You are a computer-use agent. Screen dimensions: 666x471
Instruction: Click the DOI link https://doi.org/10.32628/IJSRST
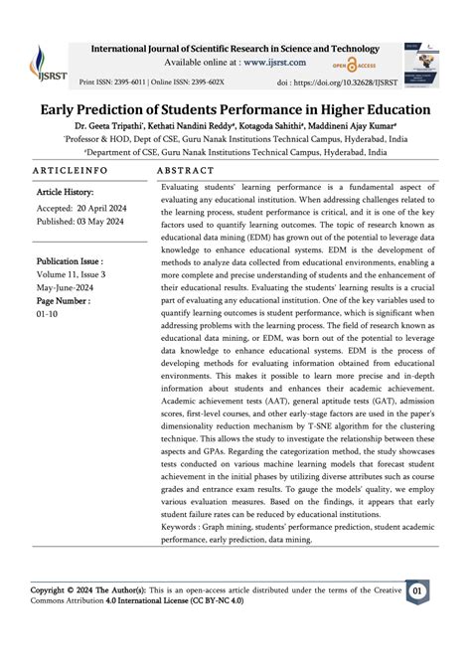point(340,82)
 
